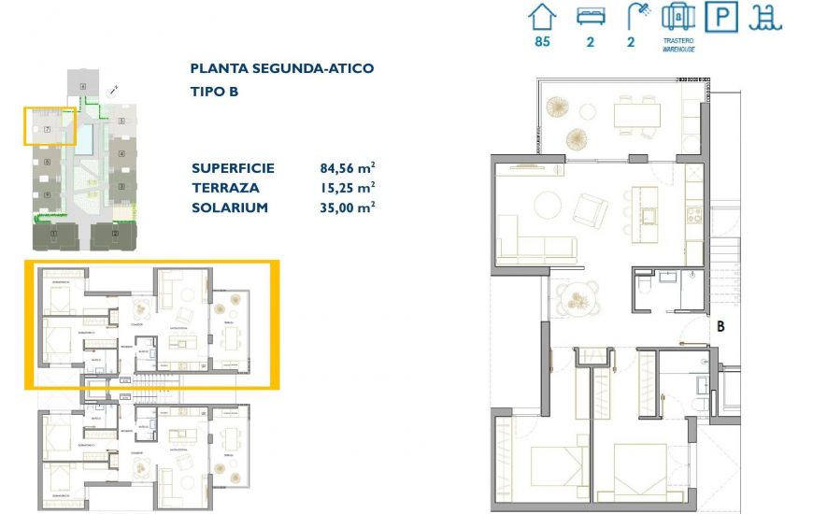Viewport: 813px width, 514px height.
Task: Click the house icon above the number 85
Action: [x=542, y=18]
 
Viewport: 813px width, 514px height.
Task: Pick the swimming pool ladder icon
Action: [x=767, y=17]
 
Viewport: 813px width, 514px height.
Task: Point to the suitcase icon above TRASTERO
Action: [x=678, y=17]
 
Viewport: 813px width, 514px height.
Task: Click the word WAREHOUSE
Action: [x=678, y=49]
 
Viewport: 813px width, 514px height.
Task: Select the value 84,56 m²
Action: [x=347, y=168]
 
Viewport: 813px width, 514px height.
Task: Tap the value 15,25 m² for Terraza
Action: [x=347, y=188]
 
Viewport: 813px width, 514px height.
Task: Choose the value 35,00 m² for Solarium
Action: [x=347, y=207]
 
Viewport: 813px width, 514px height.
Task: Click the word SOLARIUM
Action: [x=230, y=207]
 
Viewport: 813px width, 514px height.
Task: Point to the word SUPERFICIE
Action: [x=233, y=168]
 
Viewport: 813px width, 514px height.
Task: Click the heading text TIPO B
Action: [x=214, y=92]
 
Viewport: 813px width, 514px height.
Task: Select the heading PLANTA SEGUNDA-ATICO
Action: [x=281, y=68]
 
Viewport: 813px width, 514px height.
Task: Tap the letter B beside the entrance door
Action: [x=720, y=328]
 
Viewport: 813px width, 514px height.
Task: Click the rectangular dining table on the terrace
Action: [x=636, y=115]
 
